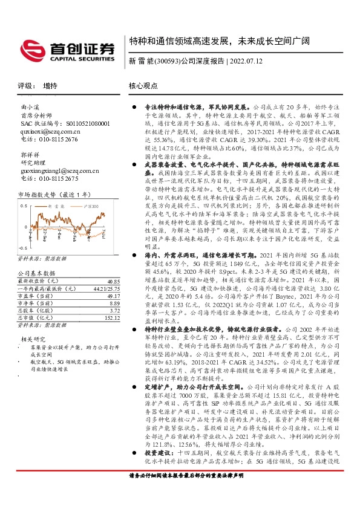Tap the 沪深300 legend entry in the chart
coord(88,207)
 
